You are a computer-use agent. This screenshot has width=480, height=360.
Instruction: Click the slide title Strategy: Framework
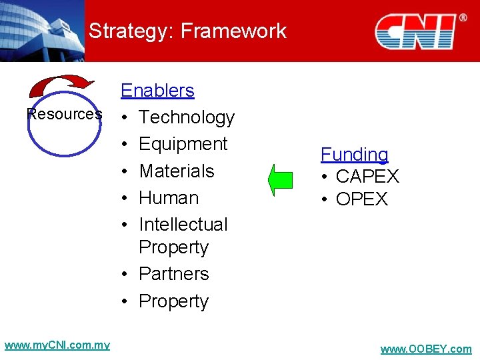tap(187, 31)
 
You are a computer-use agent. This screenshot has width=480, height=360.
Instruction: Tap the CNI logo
tap(415, 31)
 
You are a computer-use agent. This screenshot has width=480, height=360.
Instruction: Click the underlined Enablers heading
tap(157, 91)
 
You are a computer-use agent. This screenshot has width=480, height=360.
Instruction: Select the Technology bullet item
tap(186, 117)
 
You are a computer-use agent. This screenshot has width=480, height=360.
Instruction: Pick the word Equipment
tap(183, 144)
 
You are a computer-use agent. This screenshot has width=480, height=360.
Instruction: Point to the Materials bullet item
tap(176, 171)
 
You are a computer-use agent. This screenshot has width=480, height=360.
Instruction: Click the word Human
tap(169, 198)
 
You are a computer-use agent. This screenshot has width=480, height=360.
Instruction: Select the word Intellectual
tap(183, 225)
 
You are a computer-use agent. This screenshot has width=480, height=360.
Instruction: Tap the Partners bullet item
tap(173, 274)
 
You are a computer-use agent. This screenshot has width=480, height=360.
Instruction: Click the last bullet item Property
tap(173, 301)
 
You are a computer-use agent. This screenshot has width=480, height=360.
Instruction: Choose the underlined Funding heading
tap(355, 155)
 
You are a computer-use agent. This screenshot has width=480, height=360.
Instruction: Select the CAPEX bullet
tap(367, 177)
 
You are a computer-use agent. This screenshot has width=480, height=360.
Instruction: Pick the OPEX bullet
tap(361, 199)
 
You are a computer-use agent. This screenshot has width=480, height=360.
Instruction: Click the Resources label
tap(65, 114)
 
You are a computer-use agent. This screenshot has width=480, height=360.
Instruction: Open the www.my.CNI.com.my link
tap(57, 345)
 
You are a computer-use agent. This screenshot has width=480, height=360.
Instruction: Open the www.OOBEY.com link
tap(425, 349)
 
